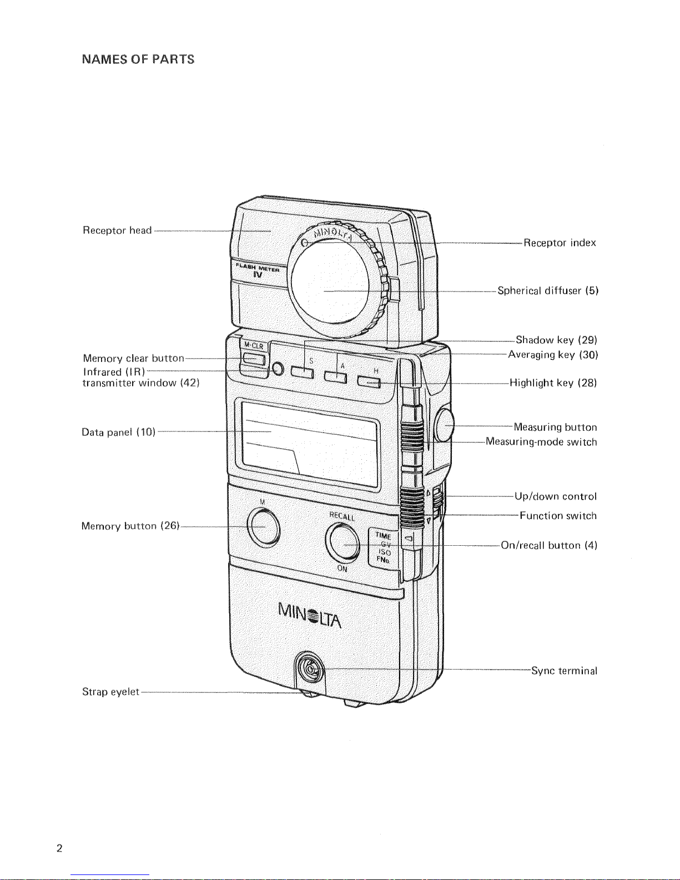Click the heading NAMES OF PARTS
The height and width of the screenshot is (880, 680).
[138, 59]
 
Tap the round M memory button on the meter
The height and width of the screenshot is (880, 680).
[263, 526]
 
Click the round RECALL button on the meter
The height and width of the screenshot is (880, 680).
[343, 542]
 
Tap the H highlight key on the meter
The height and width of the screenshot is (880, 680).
[369, 382]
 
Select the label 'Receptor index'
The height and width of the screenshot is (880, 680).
[560, 243]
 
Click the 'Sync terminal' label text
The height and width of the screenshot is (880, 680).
[564, 671]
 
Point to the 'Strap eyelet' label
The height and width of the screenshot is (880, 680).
[110, 692]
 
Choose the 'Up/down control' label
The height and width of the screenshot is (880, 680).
[556, 496]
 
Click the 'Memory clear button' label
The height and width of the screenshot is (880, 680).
[133, 358]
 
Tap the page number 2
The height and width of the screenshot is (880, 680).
[59, 848]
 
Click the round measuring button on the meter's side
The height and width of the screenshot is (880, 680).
[445, 425]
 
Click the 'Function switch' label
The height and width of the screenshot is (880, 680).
[558, 516]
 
